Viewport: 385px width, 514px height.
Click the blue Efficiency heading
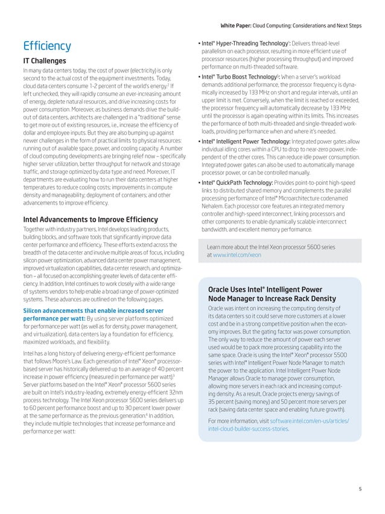click(46, 46)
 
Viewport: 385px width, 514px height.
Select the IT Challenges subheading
click(48, 61)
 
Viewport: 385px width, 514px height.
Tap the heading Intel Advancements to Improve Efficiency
click(90, 219)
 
